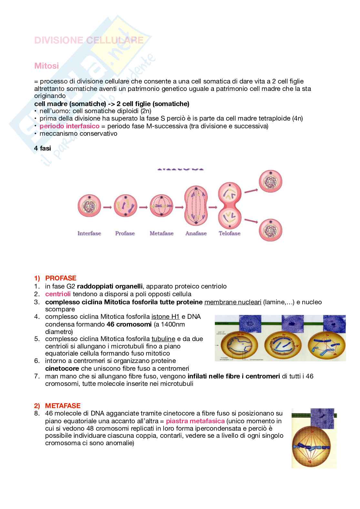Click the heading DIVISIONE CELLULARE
(x=89, y=40)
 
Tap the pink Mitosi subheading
(x=46, y=66)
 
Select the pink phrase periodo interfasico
(x=69, y=126)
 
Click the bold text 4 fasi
(x=43, y=148)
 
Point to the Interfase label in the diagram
(x=89, y=233)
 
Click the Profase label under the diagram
(x=125, y=233)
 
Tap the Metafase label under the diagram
(x=162, y=233)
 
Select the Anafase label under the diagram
(x=196, y=233)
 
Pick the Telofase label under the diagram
(x=230, y=233)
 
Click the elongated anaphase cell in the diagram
(x=196, y=206)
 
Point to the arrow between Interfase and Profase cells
(x=107, y=207)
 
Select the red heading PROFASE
(x=61, y=278)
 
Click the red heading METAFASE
(x=63, y=406)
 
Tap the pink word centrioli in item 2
(x=58, y=294)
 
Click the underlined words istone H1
(x=165, y=317)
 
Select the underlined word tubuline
(x=163, y=339)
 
